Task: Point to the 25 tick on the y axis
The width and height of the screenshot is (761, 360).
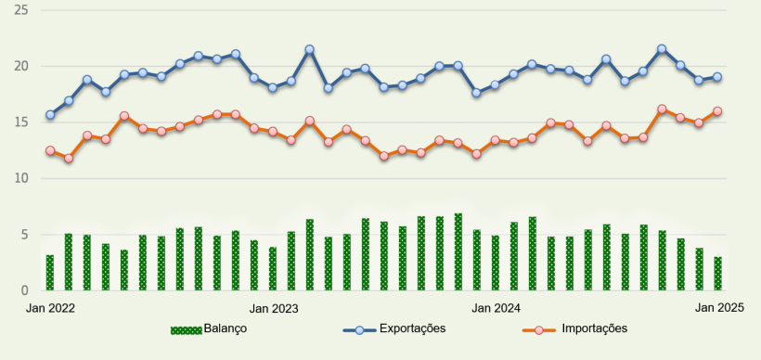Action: [x=20, y=10]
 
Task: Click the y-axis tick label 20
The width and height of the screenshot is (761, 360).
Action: [x=20, y=67]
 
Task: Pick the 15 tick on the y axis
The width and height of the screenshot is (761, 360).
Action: [x=20, y=122]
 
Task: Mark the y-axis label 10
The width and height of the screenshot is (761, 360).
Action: [x=20, y=178]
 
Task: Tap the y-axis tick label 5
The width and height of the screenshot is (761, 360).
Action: [x=24, y=235]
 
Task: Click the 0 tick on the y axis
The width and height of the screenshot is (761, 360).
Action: [x=24, y=290]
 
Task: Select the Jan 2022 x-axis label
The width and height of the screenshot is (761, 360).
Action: [x=50, y=306]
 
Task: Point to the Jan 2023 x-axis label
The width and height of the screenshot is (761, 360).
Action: [x=274, y=306]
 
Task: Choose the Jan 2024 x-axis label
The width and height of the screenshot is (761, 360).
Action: [x=496, y=306]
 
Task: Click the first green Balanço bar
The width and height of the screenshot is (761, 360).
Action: [x=50, y=273]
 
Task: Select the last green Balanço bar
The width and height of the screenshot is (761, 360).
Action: [x=717, y=274]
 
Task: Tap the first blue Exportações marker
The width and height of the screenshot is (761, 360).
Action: [x=50, y=115]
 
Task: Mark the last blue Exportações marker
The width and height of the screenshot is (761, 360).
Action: [x=717, y=77]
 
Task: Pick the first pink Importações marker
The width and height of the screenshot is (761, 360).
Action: [x=50, y=150]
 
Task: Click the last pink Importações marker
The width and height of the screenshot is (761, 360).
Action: [x=717, y=111]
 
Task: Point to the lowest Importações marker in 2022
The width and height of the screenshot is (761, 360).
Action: [x=69, y=159]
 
